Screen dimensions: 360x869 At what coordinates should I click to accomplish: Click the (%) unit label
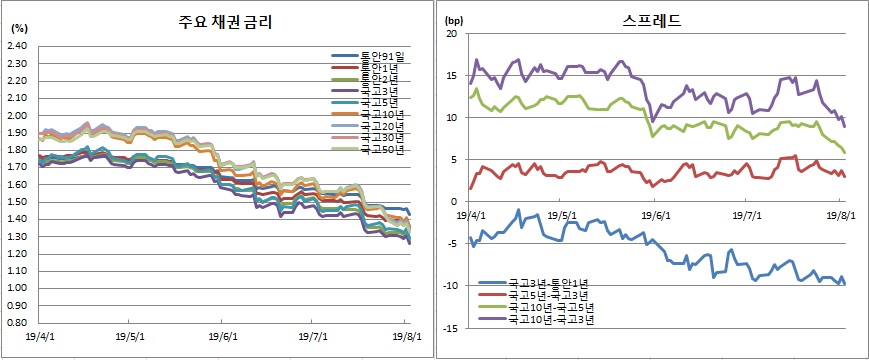coord(18,30)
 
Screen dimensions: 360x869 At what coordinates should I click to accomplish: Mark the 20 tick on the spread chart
coord(451,34)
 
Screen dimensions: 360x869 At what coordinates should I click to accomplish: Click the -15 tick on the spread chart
coord(449,328)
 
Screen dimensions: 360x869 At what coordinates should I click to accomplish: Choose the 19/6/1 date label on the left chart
coord(223,338)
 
